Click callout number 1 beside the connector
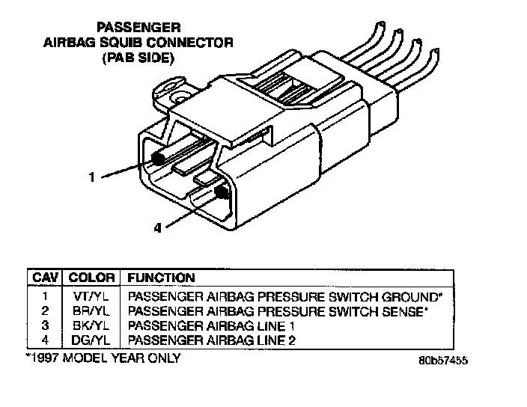(x=91, y=177)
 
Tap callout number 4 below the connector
(x=156, y=229)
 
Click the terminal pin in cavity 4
(x=222, y=192)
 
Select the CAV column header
(x=46, y=278)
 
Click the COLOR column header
(x=92, y=278)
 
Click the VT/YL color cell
(x=92, y=296)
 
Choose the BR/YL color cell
(x=92, y=310)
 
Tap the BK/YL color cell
(x=92, y=325)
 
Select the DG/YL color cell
(x=92, y=340)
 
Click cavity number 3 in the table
(x=46, y=325)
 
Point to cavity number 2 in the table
(x=46, y=310)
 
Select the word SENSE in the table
(x=403, y=310)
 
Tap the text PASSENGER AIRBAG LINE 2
(x=213, y=340)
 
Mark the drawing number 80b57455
(x=444, y=360)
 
